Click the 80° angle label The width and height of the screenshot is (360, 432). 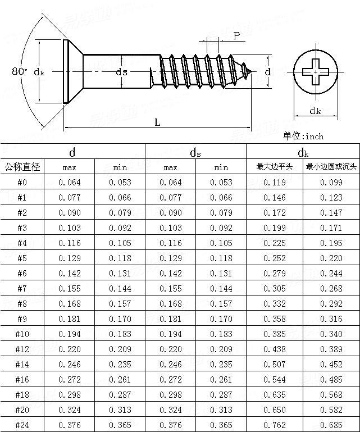pyautogui.click(x=19, y=71)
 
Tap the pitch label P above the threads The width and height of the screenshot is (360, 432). pyautogui.click(x=236, y=36)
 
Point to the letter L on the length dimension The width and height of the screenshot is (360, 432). pyautogui.click(x=157, y=122)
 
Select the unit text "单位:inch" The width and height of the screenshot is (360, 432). pyautogui.click(x=303, y=136)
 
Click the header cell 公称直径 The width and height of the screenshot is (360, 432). pyautogui.click(x=22, y=167)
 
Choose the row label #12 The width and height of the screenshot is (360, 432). pyautogui.click(x=22, y=349)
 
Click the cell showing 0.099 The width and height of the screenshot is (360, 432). pyautogui.click(x=331, y=182)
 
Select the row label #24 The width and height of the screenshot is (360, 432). pyautogui.click(x=22, y=425)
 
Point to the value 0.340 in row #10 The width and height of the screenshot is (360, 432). pyautogui.click(x=331, y=334)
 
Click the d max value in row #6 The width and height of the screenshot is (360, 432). pyautogui.click(x=70, y=273)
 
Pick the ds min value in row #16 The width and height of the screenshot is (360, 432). pyautogui.click(x=221, y=379)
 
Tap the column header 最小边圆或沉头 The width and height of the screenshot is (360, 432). pyautogui.click(x=331, y=167)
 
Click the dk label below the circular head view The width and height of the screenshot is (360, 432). pyautogui.click(x=315, y=111)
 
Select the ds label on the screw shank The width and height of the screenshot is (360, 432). pyautogui.click(x=121, y=72)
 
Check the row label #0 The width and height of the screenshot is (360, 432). pyautogui.click(x=22, y=182)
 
